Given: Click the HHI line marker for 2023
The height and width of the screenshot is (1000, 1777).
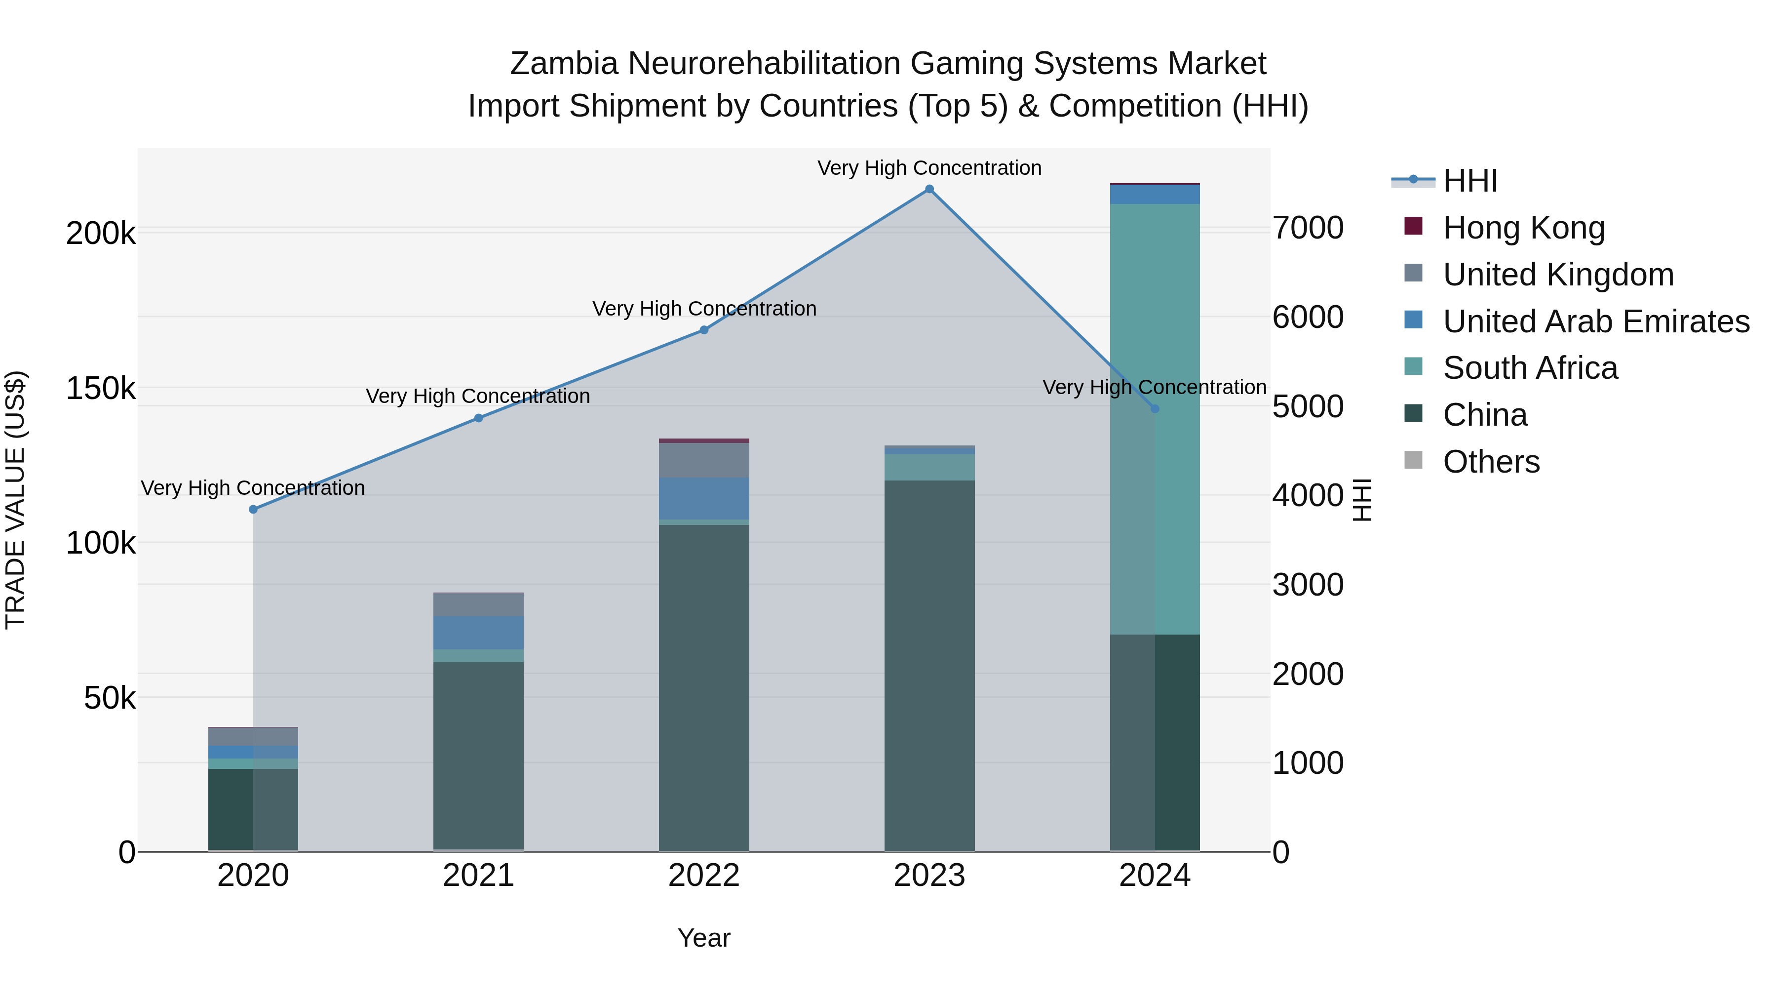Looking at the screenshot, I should coord(929,189).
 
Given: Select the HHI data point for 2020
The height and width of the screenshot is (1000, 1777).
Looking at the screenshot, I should coord(253,509).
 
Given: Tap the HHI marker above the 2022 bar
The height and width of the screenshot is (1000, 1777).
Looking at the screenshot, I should coord(703,330).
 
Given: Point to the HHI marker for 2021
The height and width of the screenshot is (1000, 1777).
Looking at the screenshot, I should coord(479,418).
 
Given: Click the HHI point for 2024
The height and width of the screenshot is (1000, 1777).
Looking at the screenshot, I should coord(1155,408).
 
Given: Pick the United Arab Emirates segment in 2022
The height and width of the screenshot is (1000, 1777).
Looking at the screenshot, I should coord(703,498).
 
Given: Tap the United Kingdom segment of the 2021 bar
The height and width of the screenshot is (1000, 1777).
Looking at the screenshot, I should coord(479,604).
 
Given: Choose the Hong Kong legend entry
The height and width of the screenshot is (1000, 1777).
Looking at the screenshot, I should coord(1523,228).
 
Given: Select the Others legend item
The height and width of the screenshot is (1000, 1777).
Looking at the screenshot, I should coord(1491,462).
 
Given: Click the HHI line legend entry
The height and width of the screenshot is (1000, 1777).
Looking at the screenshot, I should coord(1469,181).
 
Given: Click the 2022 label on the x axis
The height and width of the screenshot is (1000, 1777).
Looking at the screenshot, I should coord(703,876).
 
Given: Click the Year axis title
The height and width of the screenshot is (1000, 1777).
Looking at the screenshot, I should coord(703,938).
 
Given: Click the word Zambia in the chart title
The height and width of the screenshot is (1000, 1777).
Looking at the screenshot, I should coord(564,64).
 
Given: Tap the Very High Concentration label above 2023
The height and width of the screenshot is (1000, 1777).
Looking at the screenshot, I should coord(929,168).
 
